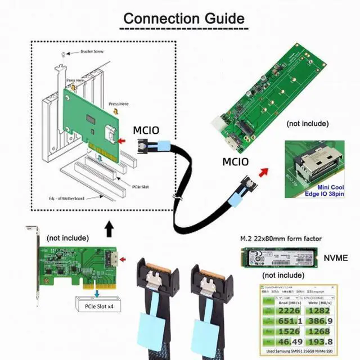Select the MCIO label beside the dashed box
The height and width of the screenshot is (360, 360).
146,130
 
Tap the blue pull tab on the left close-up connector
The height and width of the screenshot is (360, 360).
151,327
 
